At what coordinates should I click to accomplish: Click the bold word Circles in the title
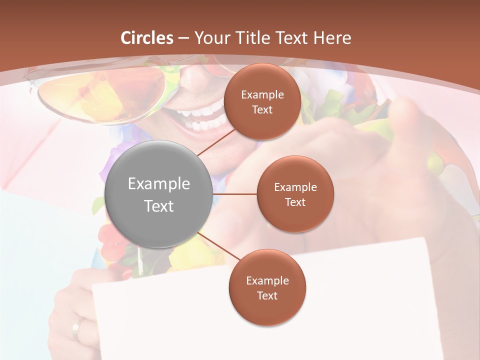147,38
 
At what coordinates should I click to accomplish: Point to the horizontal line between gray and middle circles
234,194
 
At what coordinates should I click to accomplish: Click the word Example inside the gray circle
158,184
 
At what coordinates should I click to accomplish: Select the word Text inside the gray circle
158,206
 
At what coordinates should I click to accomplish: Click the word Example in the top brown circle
262,94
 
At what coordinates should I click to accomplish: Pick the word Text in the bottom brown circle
267,295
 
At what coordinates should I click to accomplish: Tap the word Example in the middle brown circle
295,187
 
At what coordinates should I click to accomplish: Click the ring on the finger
76,327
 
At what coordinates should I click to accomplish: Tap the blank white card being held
165,320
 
